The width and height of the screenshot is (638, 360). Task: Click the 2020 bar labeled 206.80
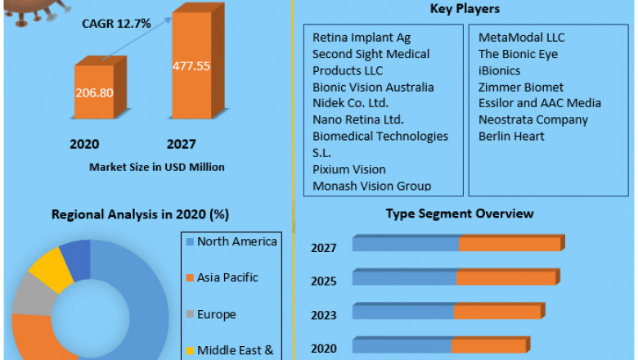click(95, 92)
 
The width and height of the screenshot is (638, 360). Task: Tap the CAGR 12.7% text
click(116, 23)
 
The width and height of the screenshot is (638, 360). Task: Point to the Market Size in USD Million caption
click(156, 167)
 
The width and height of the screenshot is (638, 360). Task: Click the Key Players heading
click(465, 9)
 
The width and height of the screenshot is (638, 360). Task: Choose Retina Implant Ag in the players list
click(362, 38)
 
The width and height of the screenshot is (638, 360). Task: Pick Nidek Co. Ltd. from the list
click(350, 103)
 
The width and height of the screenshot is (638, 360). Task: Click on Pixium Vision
click(349, 169)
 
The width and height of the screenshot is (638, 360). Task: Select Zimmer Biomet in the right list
click(521, 87)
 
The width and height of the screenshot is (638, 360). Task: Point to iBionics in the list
click(499, 70)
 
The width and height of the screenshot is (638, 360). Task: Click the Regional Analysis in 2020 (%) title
click(140, 214)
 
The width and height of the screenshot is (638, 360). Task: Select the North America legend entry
click(236, 241)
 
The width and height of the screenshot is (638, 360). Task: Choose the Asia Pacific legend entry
click(227, 277)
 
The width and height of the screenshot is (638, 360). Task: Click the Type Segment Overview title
click(460, 214)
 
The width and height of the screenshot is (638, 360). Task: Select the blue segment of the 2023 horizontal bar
click(403, 312)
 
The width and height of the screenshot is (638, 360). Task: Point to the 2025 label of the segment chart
click(323, 281)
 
